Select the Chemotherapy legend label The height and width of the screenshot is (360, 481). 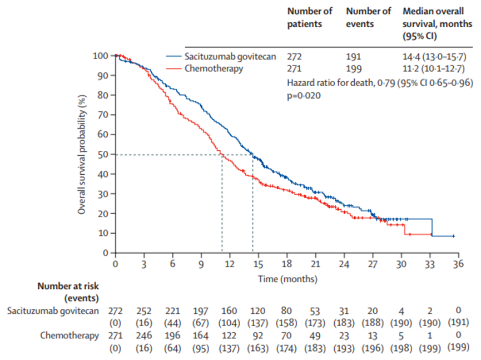(214, 68)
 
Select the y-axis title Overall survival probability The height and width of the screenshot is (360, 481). (82, 154)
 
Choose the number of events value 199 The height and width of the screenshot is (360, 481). (353, 69)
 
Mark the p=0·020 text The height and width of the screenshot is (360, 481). (305, 95)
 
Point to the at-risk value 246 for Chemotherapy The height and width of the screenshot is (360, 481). (144, 336)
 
